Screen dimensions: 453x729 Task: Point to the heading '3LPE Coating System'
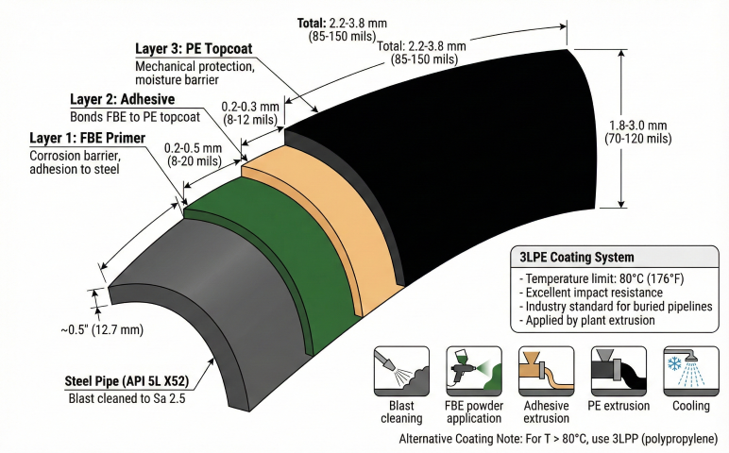tap(577, 258)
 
